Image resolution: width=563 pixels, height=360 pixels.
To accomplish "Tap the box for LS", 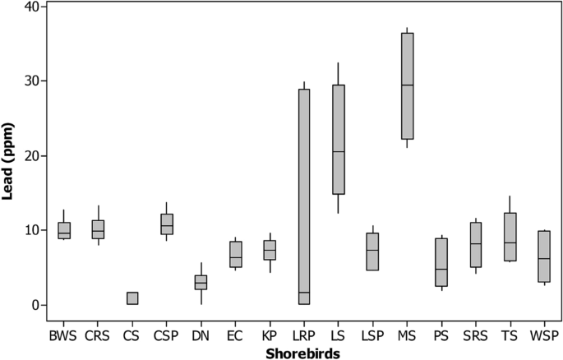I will (x=339, y=140).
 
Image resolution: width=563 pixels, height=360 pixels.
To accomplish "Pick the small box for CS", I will (x=132, y=298).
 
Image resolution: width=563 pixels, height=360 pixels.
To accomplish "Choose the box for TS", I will (x=510, y=238).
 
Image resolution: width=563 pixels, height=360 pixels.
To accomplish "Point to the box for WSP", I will (x=544, y=256).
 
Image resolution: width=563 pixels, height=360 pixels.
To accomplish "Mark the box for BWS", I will (x=64, y=231).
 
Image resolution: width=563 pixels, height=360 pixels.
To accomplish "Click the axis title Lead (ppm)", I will (x=10, y=156).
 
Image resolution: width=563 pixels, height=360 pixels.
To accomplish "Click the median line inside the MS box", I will (x=407, y=85).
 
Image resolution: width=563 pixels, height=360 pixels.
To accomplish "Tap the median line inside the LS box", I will (x=339, y=152).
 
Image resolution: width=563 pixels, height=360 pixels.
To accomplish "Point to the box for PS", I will (x=441, y=262).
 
